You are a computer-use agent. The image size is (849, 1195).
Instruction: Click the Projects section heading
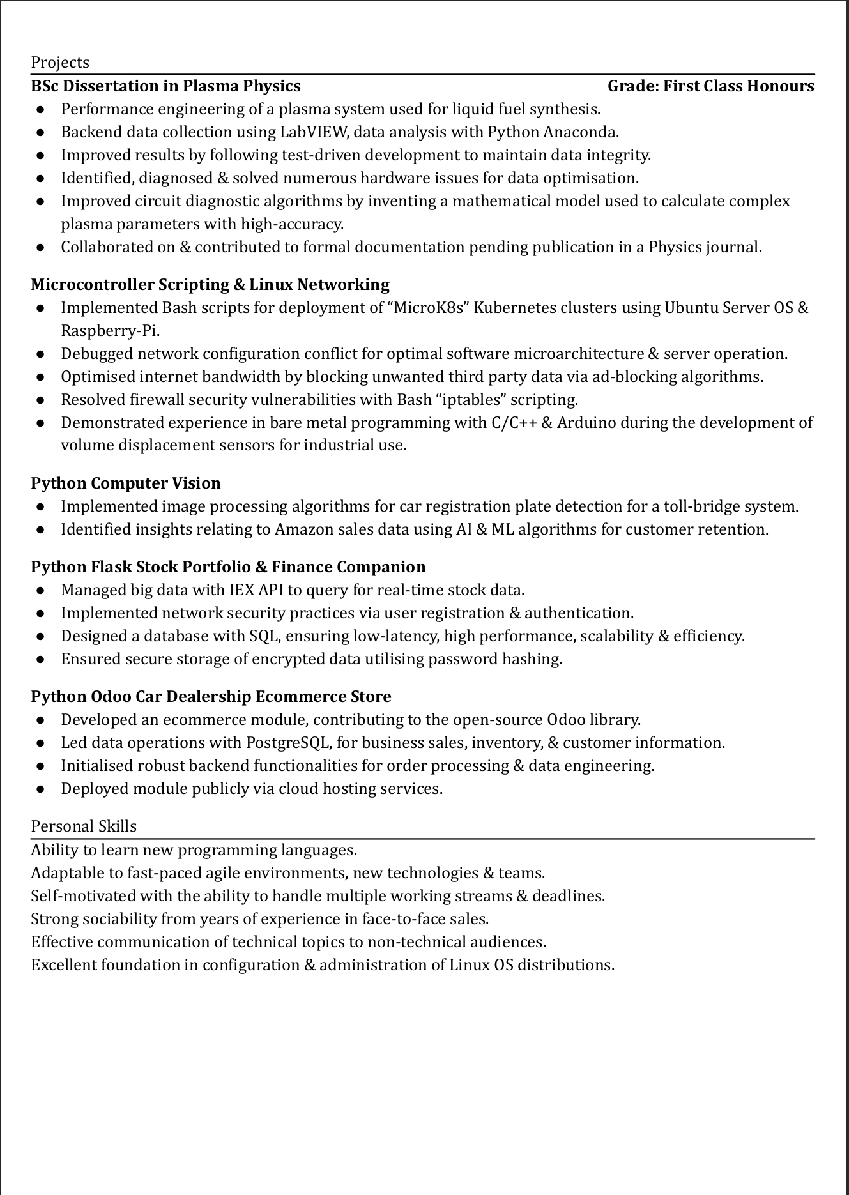tap(60, 63)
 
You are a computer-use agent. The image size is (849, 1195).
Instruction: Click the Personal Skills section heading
tap(84, 826)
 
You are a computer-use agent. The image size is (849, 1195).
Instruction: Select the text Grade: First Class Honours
tap(710, 86)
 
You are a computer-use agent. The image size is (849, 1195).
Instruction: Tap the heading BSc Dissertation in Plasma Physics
tap(165, 86)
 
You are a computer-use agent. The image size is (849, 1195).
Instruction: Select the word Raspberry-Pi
tap(109, 331)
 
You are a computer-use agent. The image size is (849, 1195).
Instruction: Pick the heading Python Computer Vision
tap(126, 483)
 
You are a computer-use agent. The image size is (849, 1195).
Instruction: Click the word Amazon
tap(300, 529)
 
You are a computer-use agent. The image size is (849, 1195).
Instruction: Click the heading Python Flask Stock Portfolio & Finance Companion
tap(228, 567)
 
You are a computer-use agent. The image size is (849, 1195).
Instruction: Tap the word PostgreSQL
tap(288, 743)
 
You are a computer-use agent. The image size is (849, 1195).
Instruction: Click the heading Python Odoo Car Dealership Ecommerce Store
tap(211, 697)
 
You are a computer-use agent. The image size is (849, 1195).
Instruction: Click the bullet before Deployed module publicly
tap(41, 789)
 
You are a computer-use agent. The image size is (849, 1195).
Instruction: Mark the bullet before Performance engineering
tap(41, 110)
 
